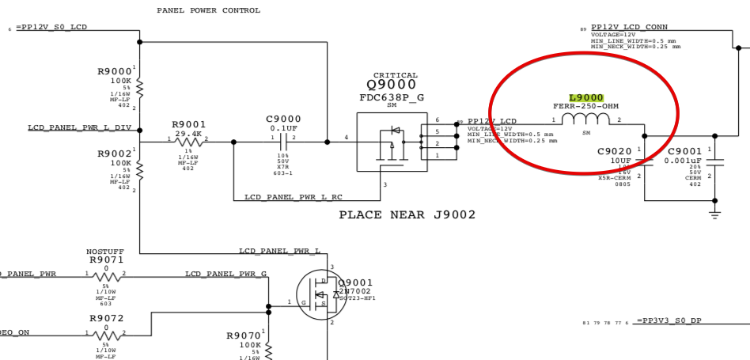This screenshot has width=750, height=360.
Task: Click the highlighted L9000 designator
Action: tap(586, 97)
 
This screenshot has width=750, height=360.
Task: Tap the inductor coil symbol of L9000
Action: tap(586, 119)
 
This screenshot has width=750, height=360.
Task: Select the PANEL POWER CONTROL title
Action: tap(208, 10)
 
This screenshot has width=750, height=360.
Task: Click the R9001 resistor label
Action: tap(189, 124)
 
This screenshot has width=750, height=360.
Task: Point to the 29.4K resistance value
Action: tap(189, 134)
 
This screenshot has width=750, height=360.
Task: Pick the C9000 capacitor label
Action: tap(283, 119)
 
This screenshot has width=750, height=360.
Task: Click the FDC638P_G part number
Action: tap(392, 97)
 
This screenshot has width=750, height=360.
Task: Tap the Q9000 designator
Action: tap(392, 85)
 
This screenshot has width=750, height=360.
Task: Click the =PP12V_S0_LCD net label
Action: tap(51, 28)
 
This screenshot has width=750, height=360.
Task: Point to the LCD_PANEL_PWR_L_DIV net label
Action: tap(80, 127)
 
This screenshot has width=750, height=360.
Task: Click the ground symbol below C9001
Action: tap(715, 214)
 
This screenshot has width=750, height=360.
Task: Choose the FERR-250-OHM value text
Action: tap(586, 106)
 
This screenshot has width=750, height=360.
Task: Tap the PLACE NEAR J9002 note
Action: tap(407, 214)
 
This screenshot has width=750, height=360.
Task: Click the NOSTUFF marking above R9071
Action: tap(105, 252)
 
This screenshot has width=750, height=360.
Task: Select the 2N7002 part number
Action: tap(354, 290)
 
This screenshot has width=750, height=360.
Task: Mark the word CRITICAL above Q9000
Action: tap(396, 75)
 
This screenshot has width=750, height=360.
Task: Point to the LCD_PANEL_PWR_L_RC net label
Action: tap(293, 196)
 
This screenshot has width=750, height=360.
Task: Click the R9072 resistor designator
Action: tap(106, 318)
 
